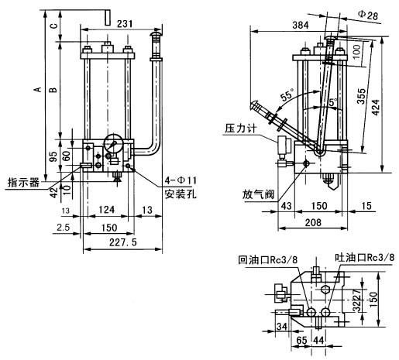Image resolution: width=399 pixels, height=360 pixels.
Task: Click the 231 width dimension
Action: [x=125, y=24]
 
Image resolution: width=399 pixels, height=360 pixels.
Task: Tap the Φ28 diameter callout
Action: [x=368, y=15]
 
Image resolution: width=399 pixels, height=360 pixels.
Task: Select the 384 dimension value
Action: [x=301, y=25]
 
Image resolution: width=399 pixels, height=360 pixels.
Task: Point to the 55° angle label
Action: [x=287, y=95]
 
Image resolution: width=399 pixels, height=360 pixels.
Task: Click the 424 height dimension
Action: [x=376, y=108]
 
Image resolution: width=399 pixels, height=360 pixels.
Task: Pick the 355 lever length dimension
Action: [x=361, y=96]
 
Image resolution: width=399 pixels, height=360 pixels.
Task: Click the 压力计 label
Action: [x=241, y=129]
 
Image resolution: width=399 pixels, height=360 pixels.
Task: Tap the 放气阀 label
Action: [x=258, y=194]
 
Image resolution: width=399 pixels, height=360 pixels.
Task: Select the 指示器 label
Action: [x=23, y=182]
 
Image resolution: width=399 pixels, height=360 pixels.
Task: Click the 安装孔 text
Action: [x=181, y=194]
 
